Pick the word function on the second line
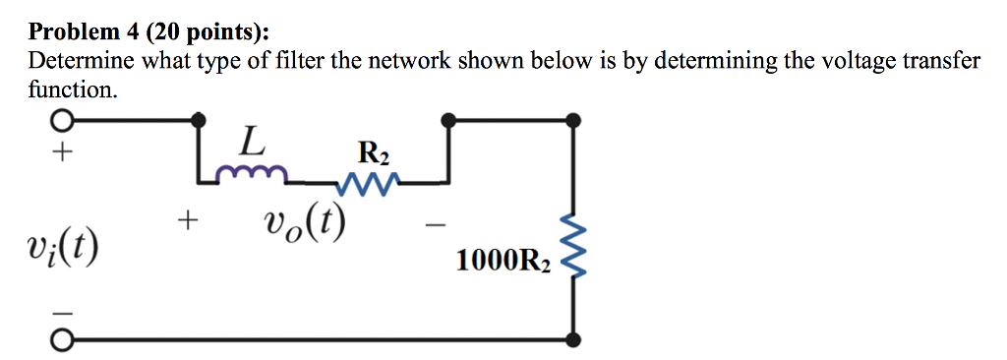[71, 90]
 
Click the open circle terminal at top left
[61, 121]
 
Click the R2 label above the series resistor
[374, 153]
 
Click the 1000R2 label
[503, 261]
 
